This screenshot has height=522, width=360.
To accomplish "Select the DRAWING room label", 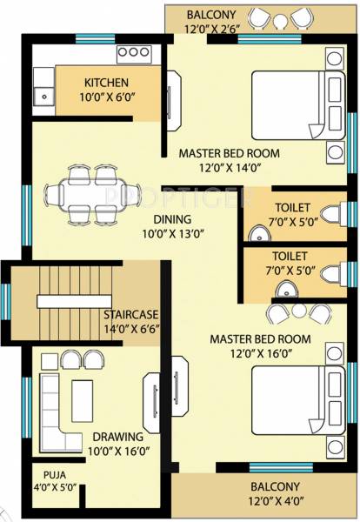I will pyautogui.click(x=115, y=437).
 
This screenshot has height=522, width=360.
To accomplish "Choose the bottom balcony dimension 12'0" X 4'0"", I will pyautogui.click(x=275, y=502).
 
